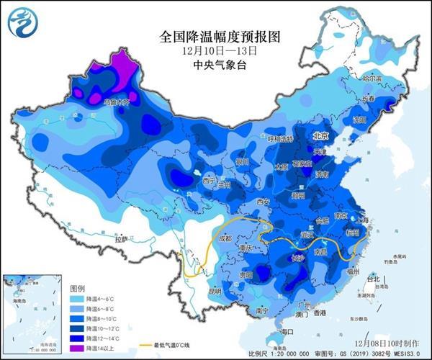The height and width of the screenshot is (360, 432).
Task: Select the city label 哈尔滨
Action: click(372, 77)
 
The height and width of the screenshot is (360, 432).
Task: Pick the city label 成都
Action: click(226, 237)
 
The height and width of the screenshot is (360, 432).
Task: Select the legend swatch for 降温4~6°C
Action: click(77, 297)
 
